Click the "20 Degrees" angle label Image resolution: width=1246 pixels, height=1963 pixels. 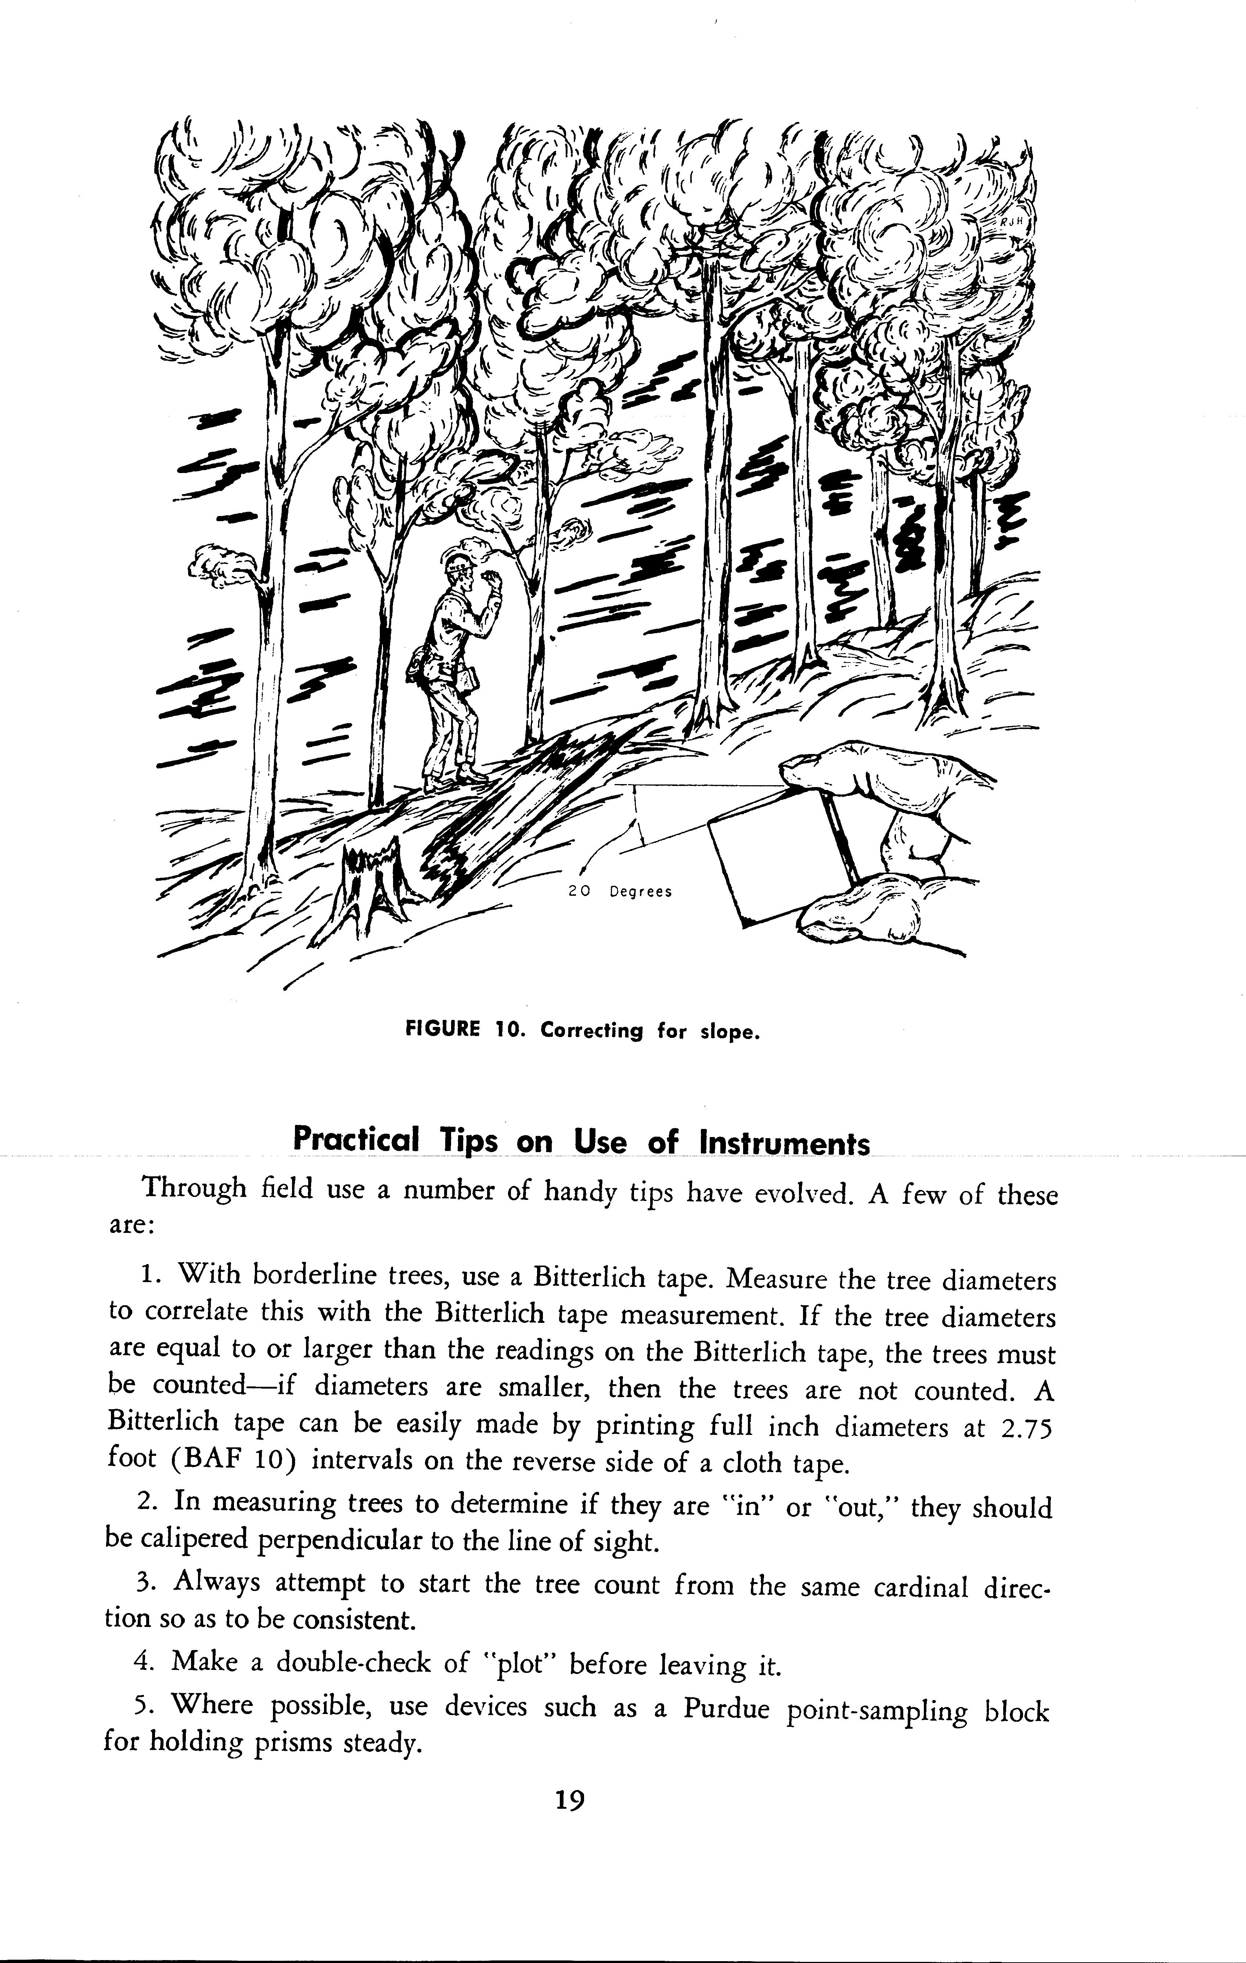click(620, 892)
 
